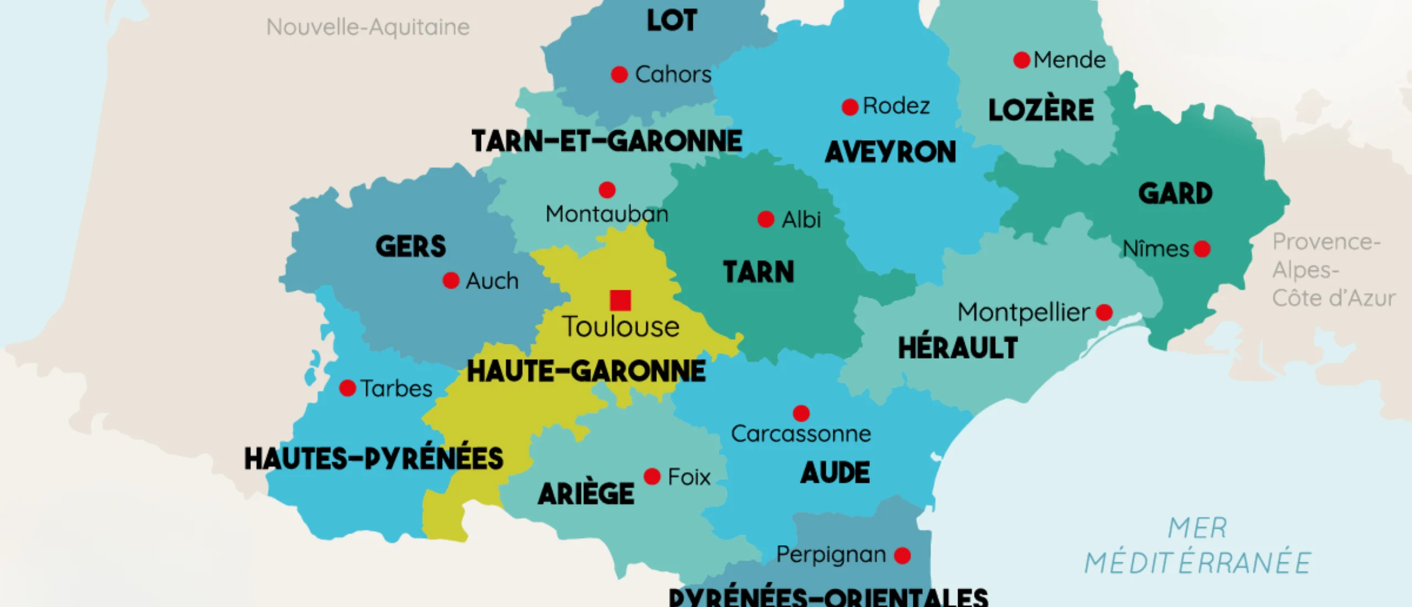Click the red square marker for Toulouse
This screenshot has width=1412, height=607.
[621, 300]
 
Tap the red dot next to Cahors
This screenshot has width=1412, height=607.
[619, 74]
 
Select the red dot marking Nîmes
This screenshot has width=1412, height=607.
[1202, 249]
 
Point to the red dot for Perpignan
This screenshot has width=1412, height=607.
[902, 555]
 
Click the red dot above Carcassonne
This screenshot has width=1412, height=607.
[801, 413]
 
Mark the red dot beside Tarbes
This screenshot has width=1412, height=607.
[347, 388]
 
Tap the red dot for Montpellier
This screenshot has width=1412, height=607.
[1104, 312]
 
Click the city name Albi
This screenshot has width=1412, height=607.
[801, 220]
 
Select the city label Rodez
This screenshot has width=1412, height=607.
[896, 105]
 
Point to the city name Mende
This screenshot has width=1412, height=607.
[1069, 60]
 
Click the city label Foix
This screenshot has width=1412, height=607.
[689, 477]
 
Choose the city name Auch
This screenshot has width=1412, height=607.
[492, 281]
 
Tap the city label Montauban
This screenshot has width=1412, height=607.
[607, 214]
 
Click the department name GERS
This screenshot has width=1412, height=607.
[410, 246]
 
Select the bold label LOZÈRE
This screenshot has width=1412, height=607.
[1041, 110]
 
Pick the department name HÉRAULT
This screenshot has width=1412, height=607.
[958, 348]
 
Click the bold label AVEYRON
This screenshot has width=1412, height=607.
[890, 152]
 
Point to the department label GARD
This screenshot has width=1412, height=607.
[1175, 193]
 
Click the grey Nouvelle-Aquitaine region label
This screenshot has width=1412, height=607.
[368, 27]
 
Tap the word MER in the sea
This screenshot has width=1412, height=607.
[1197, 528]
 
